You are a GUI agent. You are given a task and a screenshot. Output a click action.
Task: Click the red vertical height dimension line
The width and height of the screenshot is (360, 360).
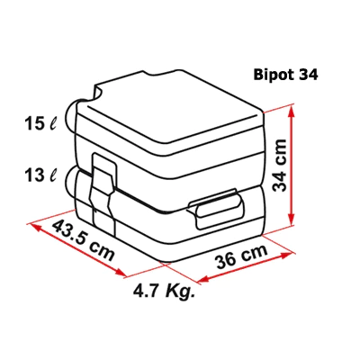pyautogui.click(x=293, y=171)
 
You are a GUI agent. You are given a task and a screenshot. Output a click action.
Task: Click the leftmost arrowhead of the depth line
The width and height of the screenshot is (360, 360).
pyautogui.click(x=33, y=226)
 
